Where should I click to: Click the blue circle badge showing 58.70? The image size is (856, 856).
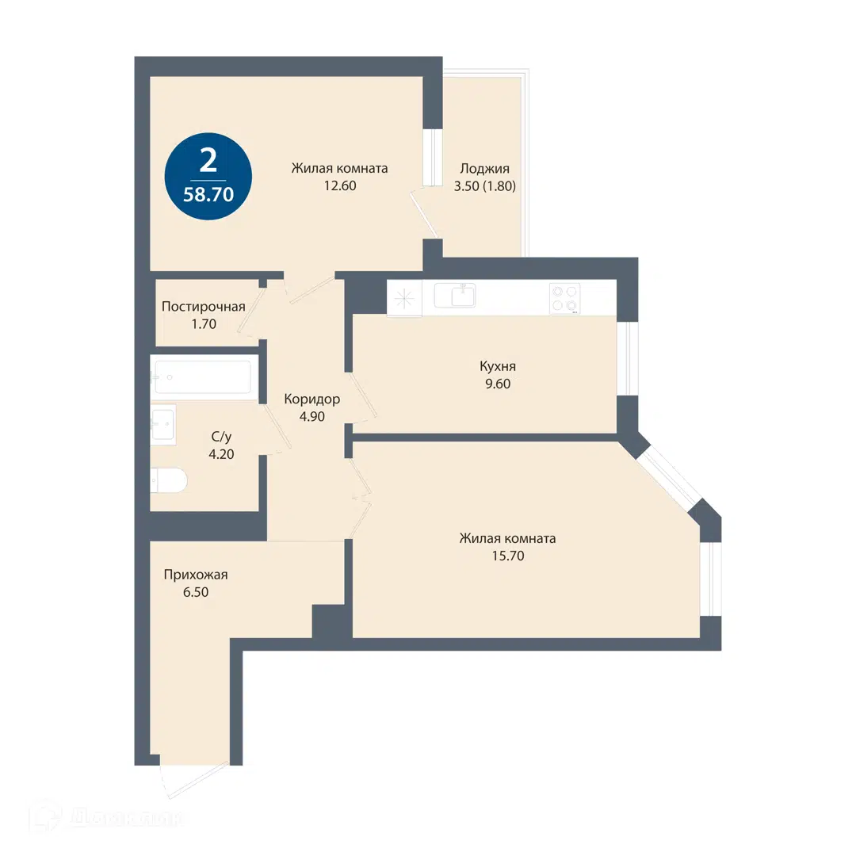(x=208, y=176)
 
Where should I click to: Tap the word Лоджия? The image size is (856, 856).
(x=485, y=169)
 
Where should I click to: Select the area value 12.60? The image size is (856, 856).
(x=339, y=185)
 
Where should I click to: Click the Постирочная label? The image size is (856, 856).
(x=203, y=306)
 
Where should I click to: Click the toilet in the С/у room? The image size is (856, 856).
(x=169, y=480)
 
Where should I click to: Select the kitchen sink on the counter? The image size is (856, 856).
(x=455, y=296)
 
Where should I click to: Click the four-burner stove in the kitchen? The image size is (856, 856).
(x=565, y=299)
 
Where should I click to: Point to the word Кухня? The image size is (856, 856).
(x=498, y=366)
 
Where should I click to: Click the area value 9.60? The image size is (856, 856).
(x=498, y=384)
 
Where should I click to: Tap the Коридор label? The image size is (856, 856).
(x=312, y=399)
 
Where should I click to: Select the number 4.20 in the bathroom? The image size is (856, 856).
(x=221, y=453)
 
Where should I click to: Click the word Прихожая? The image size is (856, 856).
(x=196, y=575)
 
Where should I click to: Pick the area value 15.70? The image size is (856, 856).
(x=508, y=556)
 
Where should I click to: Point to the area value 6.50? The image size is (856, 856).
(x=196, y=592)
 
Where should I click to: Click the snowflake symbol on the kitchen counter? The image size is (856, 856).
(x=404, y=297)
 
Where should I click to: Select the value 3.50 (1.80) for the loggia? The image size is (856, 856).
(x=485, y=186)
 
